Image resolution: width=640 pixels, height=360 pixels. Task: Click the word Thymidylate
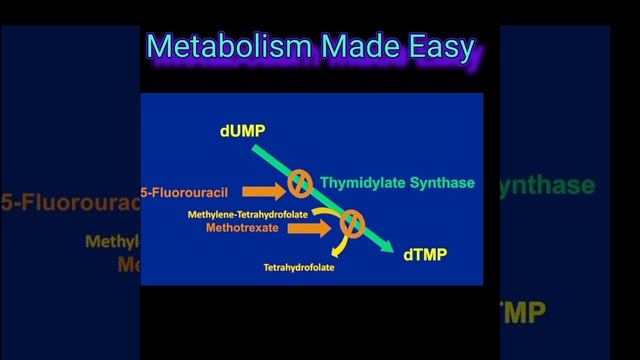361,183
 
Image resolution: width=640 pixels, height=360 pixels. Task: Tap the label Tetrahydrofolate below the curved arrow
299,268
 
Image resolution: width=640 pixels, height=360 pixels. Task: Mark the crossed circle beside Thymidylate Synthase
299,183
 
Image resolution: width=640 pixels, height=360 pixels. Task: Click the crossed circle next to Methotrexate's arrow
351,224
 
